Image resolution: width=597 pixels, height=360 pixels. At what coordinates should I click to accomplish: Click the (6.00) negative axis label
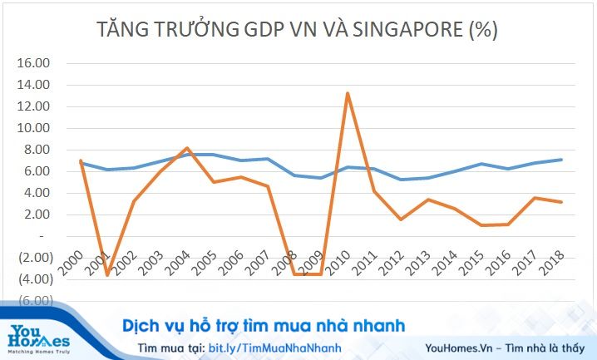[34, 301]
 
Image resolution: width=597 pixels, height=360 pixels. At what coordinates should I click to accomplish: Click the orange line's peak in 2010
[347, 93]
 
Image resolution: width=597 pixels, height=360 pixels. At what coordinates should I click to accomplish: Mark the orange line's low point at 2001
[107, 274]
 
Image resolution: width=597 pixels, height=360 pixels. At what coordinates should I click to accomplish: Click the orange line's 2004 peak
[187, 148]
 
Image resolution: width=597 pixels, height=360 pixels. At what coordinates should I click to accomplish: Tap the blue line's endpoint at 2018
[562, 160]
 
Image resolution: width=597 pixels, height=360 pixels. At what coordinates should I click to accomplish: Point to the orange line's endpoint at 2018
[562, 202]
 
